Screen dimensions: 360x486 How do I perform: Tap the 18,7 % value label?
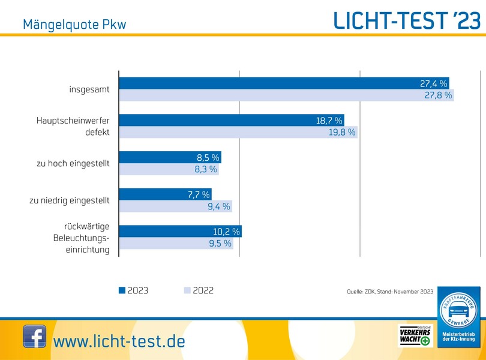(x=329, y=121)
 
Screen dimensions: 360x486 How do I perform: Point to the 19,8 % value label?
(x=341, y=132)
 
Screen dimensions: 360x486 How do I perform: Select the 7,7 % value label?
(x=197, y=194)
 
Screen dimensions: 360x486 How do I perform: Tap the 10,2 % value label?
(x=227, y=231)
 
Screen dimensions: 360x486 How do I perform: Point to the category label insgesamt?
(x=89, y=89)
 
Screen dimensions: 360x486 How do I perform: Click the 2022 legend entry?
(x=199, y=290)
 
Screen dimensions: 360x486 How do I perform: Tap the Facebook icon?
(x=34, y=336)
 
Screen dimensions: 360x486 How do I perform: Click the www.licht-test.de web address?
(x=119, y=341)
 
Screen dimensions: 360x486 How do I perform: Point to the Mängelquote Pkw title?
(x=74, y=25)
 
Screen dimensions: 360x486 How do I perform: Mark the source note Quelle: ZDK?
(x=390, y=292)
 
